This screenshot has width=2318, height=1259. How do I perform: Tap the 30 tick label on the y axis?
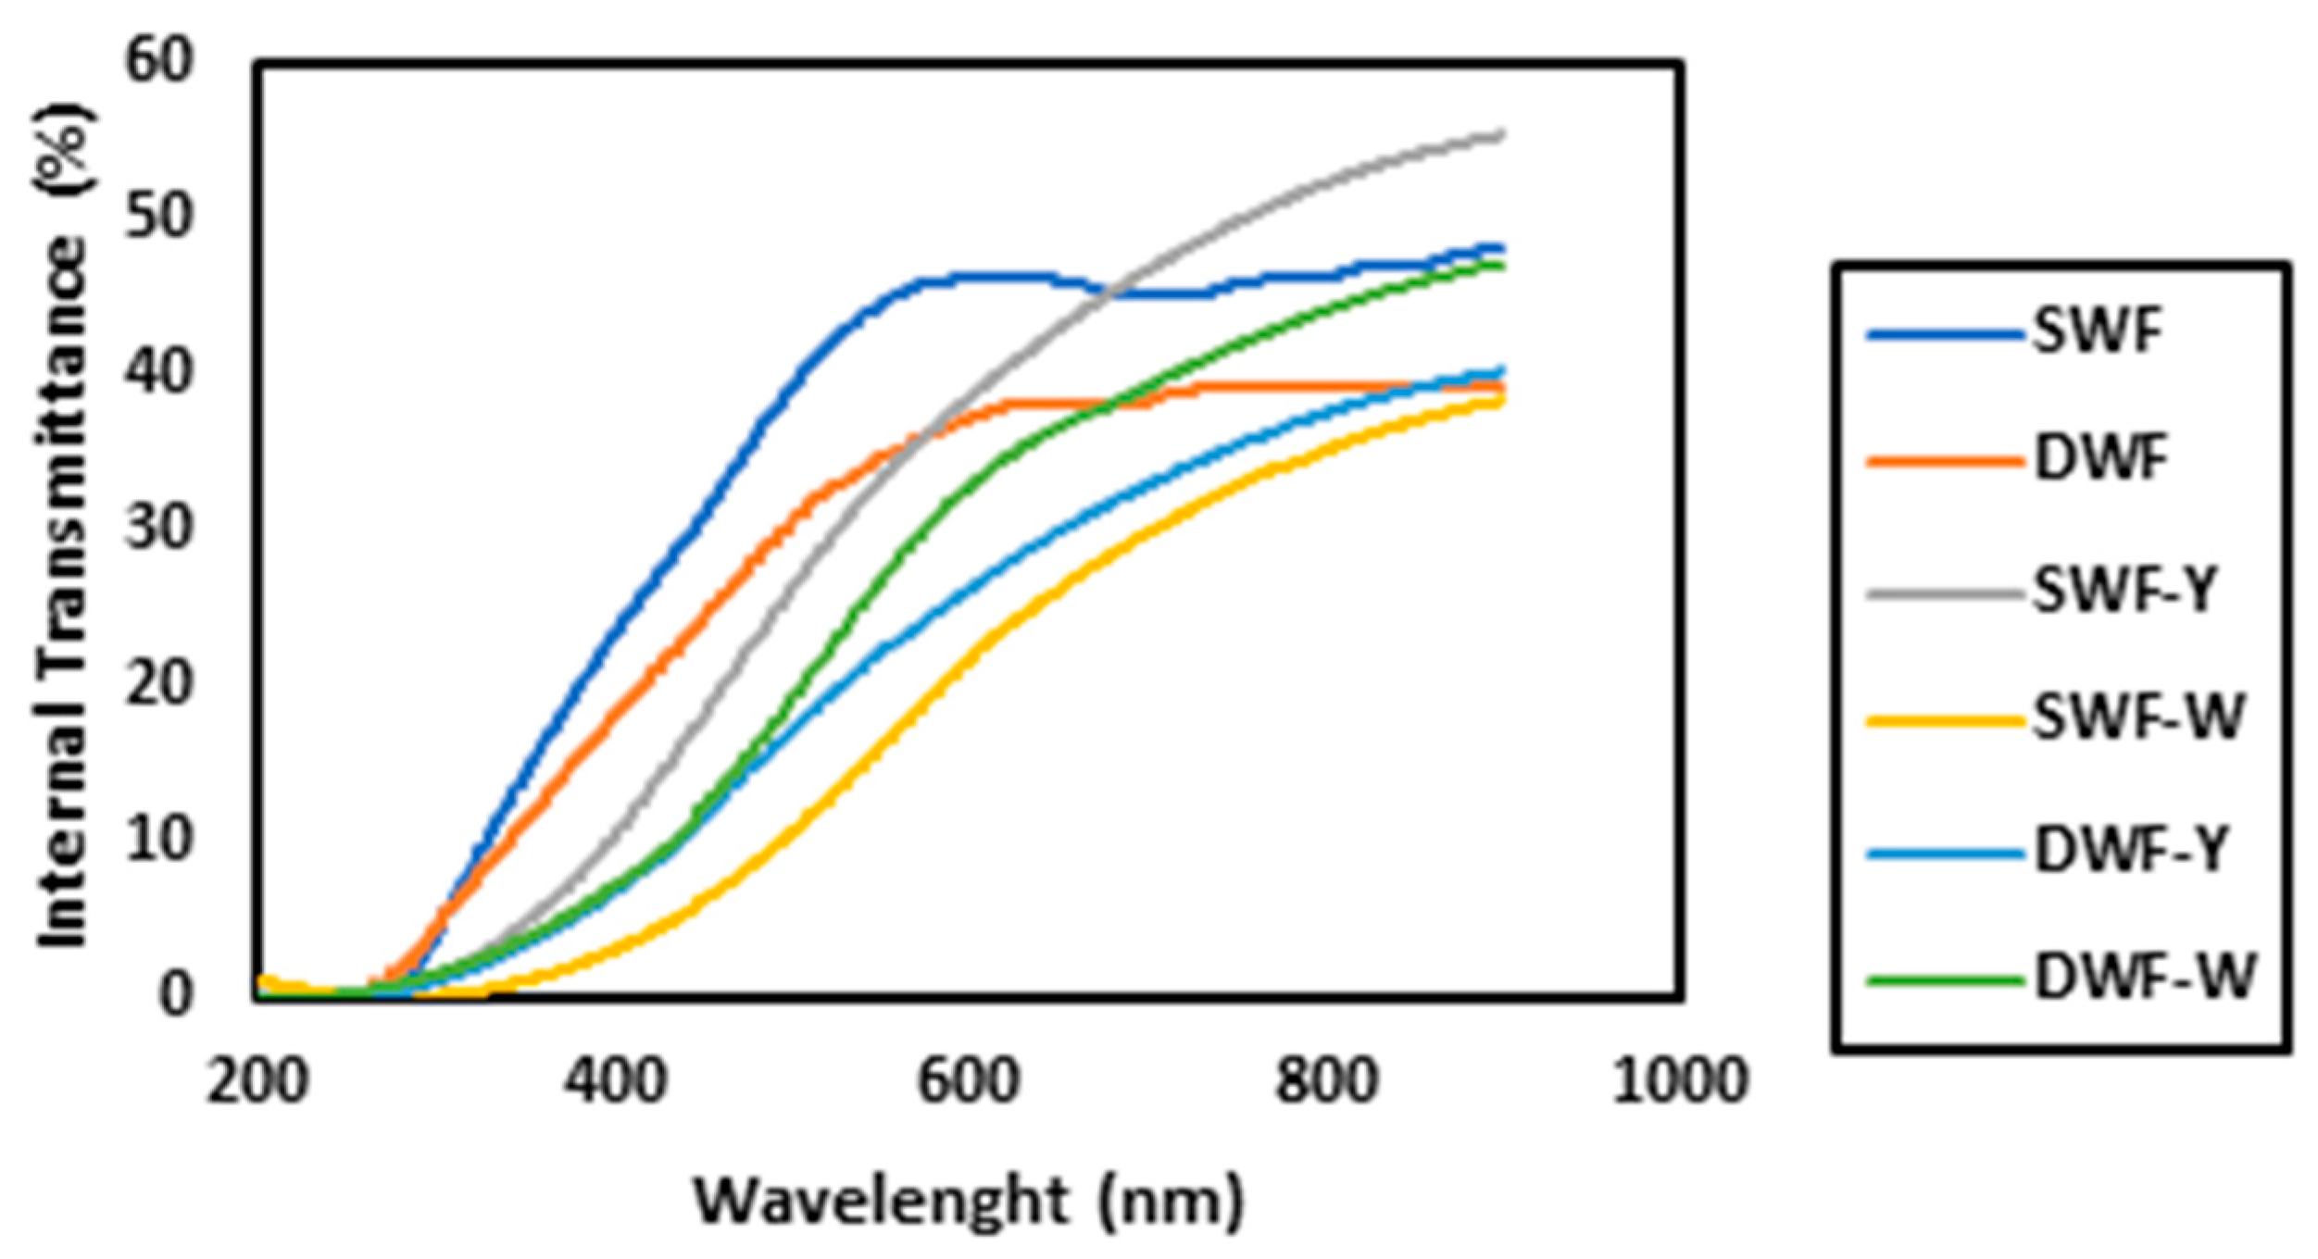coord(159,529)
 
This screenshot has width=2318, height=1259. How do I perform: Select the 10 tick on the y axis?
coord(159,840)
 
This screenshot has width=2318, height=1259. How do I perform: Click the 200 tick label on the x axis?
coord(257,1081)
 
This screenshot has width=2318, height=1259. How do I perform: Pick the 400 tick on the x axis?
coord(615,1081)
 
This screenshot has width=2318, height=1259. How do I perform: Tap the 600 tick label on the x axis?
coord(969,1081)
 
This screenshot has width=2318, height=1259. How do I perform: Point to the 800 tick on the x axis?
coord(1325,1081)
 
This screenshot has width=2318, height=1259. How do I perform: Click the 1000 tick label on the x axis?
coord(1679,1081)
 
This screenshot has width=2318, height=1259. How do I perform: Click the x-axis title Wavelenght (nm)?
coord(969,1202)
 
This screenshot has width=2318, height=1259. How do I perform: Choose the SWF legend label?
coord(2098,330)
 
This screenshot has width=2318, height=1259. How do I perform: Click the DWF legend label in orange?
coord(2101,459)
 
